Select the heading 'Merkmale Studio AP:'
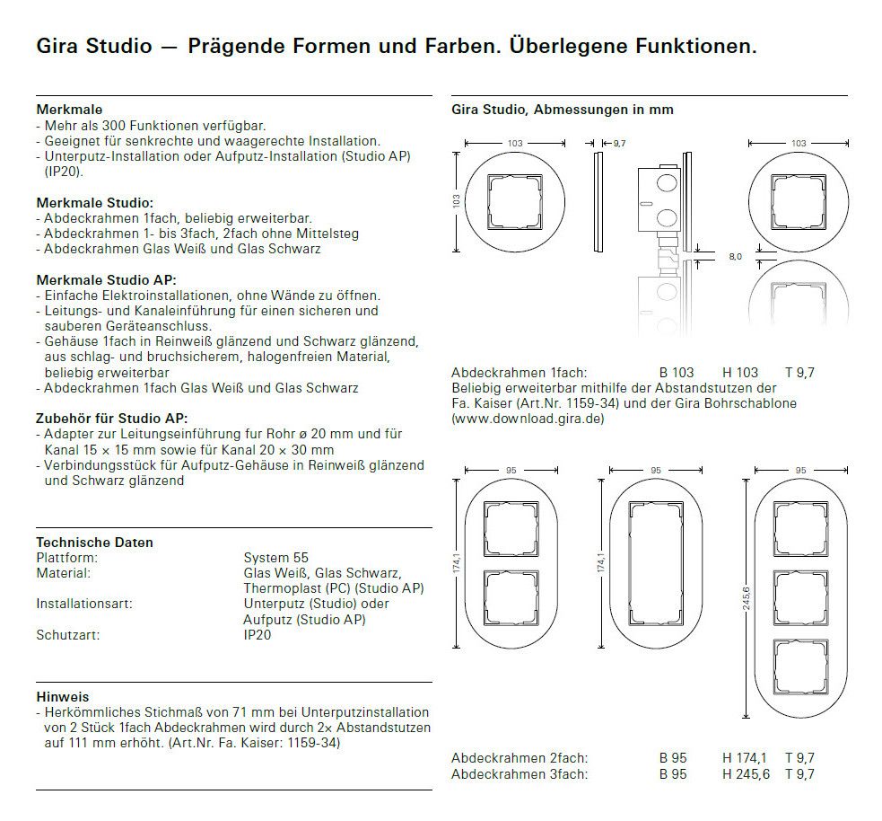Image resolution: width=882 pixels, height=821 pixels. (106, 280)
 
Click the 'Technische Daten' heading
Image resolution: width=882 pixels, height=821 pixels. (94, 543)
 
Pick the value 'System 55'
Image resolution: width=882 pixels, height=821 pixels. (275, 558)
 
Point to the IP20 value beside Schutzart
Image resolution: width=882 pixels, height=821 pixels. (257, 635)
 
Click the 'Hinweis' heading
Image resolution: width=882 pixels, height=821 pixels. (63, 696)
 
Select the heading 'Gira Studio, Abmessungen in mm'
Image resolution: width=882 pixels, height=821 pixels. (562, 110)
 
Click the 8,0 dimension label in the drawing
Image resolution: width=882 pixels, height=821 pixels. (735, 257)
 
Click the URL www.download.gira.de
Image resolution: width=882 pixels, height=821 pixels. (528, 419)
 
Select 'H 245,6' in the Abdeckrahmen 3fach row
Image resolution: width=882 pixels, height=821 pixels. (746, 774)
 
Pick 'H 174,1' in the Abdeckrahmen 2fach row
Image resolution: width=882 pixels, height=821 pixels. (746, 759)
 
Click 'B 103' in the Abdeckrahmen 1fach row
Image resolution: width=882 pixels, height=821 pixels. (677, 373)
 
